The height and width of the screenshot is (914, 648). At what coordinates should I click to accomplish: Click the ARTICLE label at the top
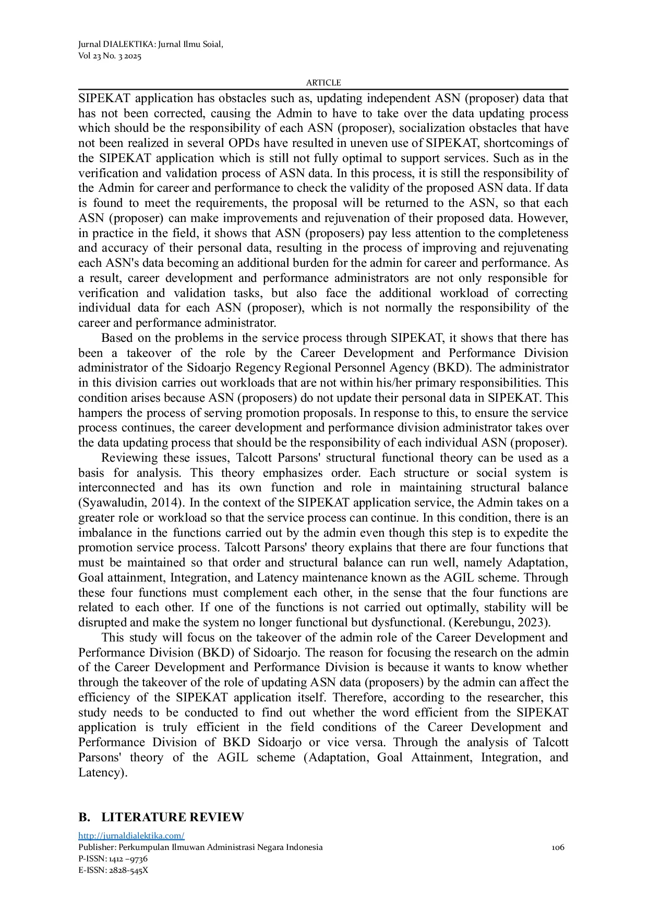click(x=323, y=83)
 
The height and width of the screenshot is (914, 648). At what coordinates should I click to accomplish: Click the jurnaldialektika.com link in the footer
click(x=131, y=836)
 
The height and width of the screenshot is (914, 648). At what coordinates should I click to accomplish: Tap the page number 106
click(x=558, y=847)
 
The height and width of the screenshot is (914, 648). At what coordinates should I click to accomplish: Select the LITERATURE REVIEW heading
click(x=172, y=817)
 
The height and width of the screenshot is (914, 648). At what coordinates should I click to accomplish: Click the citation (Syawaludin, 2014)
click(x=132, y=503)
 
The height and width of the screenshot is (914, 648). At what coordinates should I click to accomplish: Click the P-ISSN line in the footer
click(x=113, y=859)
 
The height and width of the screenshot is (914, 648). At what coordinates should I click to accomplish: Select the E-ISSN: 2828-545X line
click(x=113, y=870)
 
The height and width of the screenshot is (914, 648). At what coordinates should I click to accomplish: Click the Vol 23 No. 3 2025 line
click(x=110, y=56)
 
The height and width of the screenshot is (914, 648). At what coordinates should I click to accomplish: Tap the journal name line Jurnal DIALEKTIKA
click(x=150, y=44)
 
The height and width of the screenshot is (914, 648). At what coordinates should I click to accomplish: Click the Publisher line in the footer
click(x=200, y=847)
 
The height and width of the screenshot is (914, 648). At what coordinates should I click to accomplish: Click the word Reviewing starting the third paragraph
click(x=129, y=458)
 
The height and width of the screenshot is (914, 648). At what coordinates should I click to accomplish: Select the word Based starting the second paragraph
click(x=117, y=338)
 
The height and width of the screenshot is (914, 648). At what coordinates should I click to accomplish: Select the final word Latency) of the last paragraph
click(x=103, y=772)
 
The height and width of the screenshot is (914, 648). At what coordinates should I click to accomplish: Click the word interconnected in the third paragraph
click(x=116, y=488)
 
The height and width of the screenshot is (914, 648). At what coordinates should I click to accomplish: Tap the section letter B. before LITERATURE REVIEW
click(x=84, y=817)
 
